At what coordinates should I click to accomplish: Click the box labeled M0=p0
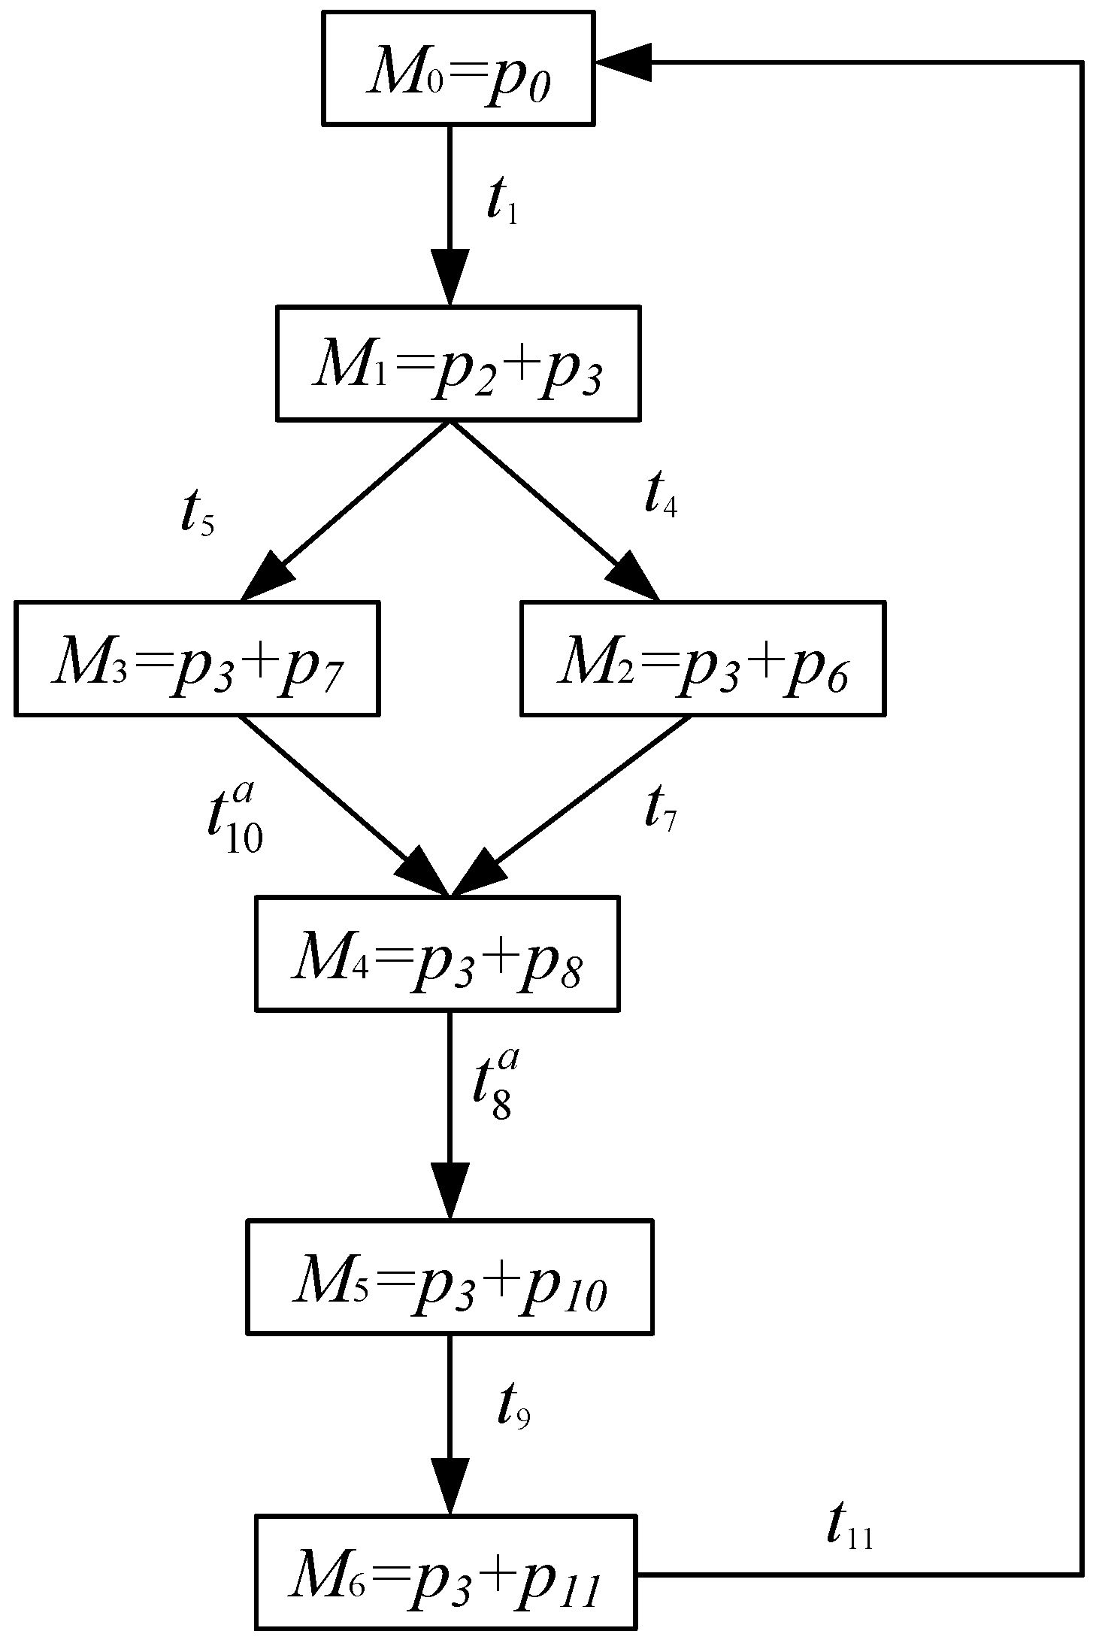point(458,67)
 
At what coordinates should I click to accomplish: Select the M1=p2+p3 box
point(458,362)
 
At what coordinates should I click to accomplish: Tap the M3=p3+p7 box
point(196,658)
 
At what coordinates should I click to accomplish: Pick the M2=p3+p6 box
point(703,658)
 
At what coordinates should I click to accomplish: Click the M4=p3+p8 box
point(437,953)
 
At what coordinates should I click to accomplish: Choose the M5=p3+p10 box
point(450,1277)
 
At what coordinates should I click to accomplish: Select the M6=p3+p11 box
point(446,1572)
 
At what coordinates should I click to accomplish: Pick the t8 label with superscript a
point(495,1087)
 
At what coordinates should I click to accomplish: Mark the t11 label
point(849,1527)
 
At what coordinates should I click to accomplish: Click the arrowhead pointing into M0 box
point(622,63)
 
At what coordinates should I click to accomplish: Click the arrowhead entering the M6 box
point(450,1485)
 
